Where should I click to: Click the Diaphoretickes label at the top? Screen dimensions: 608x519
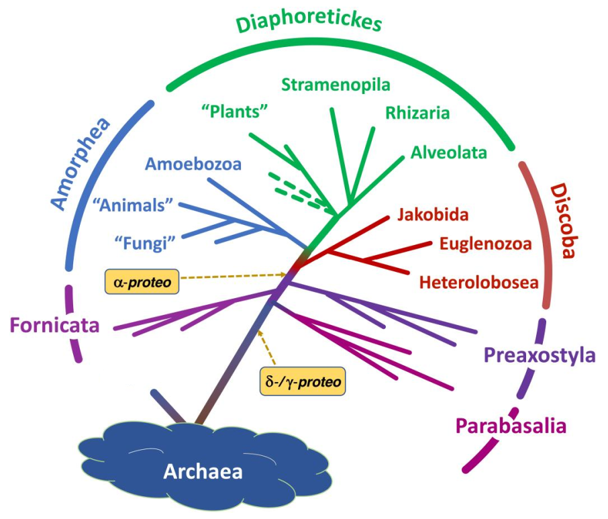tap(309, 22)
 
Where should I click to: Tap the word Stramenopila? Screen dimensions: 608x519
tap(336, 85)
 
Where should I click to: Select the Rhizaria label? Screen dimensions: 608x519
tap(417, 113)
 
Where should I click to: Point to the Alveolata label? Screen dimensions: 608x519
tap(449, 152)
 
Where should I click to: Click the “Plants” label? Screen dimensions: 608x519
tap(235, 111)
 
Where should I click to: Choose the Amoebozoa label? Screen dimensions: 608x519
tap(193, 164)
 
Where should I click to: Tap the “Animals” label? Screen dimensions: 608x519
tap(133, 205)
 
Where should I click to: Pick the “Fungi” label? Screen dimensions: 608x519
tap(146, 244)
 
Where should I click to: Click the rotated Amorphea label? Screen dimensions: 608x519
tap(81, 163)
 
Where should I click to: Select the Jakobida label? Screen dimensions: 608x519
tap(433, 214)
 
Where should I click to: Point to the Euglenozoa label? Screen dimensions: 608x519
tap(485, 244)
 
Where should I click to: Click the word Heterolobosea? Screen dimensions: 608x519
tap(479, 283)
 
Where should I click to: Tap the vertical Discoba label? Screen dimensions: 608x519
tap(564, 221)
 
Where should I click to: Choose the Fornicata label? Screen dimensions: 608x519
tap(54, 325)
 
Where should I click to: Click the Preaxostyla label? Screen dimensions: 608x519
tap(540, 355)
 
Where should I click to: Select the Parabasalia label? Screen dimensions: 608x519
tap(511, 426)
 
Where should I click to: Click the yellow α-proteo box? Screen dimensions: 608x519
tap(142, 281)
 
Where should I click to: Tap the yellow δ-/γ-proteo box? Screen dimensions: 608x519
tap(303, 381)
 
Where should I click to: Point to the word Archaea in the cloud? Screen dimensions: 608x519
tap(203, 472)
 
